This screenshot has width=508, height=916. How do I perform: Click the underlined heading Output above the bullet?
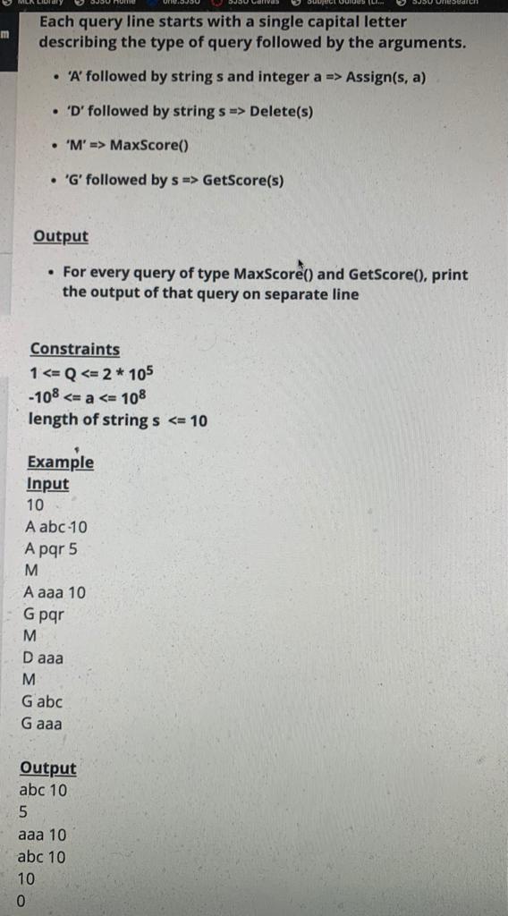coord(61,237)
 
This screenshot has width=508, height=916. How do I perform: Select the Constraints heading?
coord(74,350)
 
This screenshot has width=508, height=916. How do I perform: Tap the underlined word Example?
coord(60,462)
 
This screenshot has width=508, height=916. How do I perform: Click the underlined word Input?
coord(47,484)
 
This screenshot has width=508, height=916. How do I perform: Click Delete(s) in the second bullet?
coord(281,112)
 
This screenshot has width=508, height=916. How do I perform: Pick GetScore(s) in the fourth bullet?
coord(243,180)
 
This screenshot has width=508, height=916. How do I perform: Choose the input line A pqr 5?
coord(52,548)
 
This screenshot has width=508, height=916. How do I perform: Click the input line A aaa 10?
coord(55,592)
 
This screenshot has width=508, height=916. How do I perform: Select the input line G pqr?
coord(45,615)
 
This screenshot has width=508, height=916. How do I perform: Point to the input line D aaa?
coord(44,657)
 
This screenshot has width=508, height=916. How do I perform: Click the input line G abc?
coord(44,702)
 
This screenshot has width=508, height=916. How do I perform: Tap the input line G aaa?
coord(43,724)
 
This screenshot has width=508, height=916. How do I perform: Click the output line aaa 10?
coord(42,835)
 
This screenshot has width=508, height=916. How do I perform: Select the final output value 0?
coord(22,901)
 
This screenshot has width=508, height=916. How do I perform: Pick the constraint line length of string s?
coord(118,420)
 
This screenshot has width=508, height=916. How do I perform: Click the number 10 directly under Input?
coord(35,505)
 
